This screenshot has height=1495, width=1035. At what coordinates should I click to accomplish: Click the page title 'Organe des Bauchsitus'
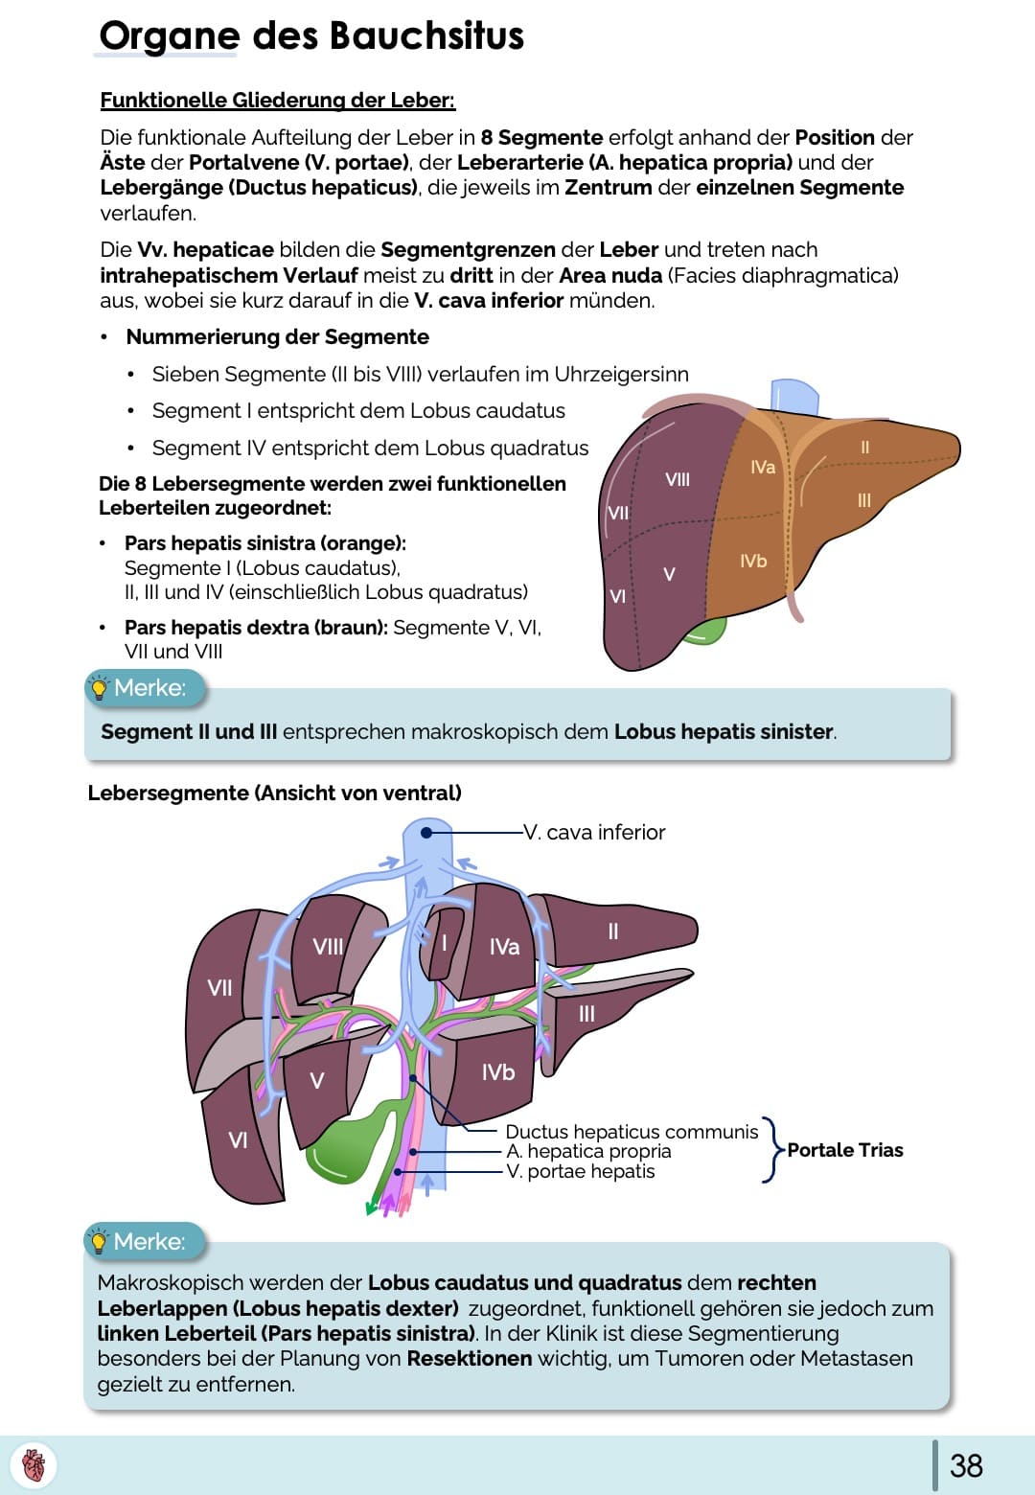311,36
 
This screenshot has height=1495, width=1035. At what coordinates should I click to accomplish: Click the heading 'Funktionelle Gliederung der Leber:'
277,101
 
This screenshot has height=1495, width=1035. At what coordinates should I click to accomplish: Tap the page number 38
966,1465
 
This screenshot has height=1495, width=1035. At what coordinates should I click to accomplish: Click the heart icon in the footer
34,1465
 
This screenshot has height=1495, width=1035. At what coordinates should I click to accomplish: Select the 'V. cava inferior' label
594,833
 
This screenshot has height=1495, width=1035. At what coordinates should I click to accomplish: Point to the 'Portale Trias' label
845,1150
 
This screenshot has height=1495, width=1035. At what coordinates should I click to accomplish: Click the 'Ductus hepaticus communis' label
632,1132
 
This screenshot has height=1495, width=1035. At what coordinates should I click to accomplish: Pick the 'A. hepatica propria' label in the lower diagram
588,1151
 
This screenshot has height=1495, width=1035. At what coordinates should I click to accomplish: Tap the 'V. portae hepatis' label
581,1171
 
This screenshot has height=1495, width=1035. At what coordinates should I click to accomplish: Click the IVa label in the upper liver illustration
763,467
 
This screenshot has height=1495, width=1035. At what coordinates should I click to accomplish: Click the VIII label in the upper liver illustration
678,479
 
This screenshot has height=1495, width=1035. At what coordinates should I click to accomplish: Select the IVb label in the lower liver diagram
498,1072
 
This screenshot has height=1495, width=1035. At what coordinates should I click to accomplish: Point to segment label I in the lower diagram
444,942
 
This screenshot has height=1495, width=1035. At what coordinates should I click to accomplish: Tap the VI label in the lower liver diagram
238,1140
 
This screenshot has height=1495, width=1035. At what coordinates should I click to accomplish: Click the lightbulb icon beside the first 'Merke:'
98,688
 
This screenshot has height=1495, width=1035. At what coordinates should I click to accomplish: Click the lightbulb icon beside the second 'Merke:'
98,1242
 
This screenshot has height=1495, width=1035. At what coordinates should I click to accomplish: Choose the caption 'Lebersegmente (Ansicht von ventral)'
274,793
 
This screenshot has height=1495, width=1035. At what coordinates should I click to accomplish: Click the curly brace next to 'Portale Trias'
771,1150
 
